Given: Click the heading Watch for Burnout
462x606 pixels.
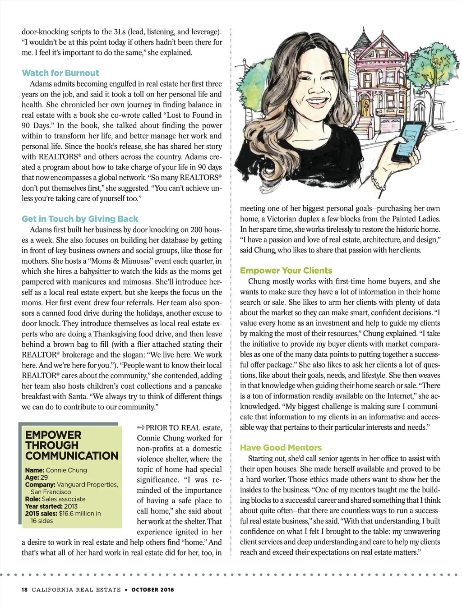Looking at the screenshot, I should point(60,73).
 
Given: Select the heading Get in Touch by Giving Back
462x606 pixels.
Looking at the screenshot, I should point(80,219).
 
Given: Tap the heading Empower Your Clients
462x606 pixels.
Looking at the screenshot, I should point(286,271).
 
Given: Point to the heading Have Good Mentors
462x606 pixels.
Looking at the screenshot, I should point(281,448).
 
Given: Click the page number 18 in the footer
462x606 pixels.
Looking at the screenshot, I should point(25,589).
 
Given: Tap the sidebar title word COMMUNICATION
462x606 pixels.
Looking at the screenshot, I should point(72,456).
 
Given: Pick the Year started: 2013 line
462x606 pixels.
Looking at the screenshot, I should point(51,506).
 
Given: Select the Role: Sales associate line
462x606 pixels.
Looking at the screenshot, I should point(55,499).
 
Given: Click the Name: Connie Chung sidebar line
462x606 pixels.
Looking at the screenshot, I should point(56,470).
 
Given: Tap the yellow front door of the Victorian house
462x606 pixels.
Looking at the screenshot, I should point(365,109).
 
